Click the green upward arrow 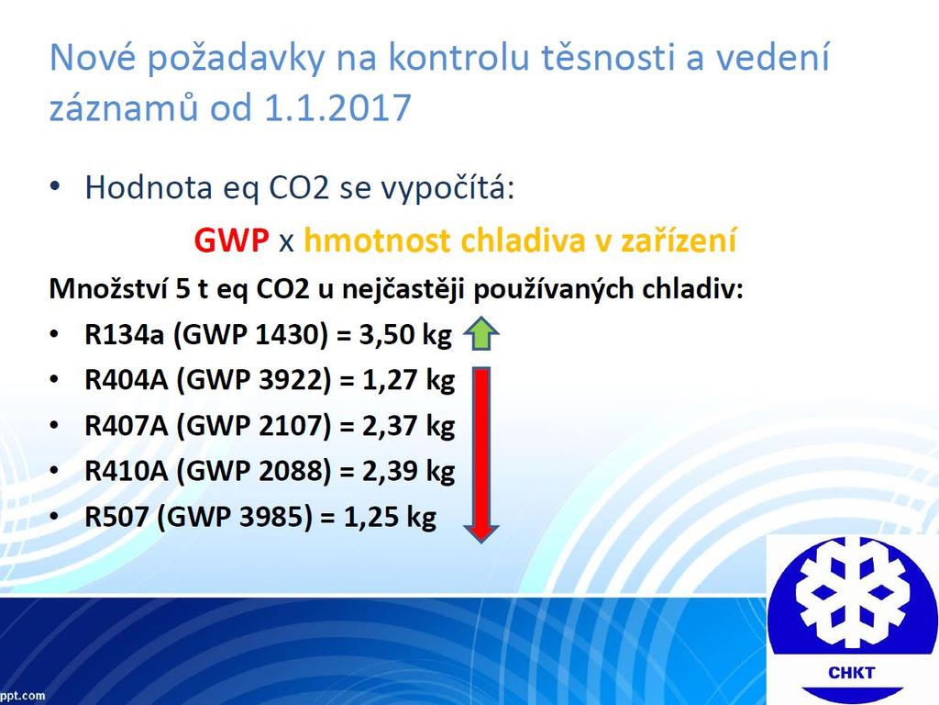[x=481, y=333]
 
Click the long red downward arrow [x=481, y=455]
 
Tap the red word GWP [x=231, y=241]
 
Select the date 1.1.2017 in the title [x=337, y=107]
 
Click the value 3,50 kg [x=404, y=334]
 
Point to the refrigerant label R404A [x=127, y=380]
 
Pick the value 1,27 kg [x=408, y=380]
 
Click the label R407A [x=127, y=426]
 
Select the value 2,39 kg [x=408, y=471]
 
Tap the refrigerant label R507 [x=116, y=517]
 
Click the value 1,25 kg [x=390, y=517]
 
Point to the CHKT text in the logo [x=851, y=673]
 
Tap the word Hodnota [x=149, y=187]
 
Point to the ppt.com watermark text [x=22, y=697]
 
